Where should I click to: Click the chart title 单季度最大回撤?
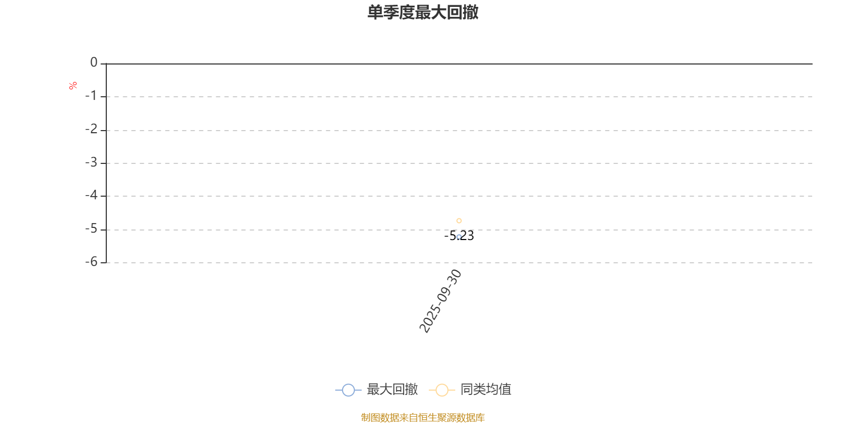(422, 12)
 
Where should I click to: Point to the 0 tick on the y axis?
(94, 62)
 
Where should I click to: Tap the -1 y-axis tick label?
(91, 96)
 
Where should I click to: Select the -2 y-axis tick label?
(91, 129)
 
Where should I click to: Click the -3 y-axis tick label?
(91, 162)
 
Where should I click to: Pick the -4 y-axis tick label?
(91, 195)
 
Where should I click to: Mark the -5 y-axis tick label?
(91, 228)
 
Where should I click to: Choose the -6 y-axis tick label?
(91, 262)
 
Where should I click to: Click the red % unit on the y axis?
(73, 86)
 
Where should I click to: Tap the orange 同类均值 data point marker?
(459, 220)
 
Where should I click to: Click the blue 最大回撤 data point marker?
(459, 237)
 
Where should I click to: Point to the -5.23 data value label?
(459, 236)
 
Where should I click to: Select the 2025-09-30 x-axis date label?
(440, 301)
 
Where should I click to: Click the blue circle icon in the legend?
(348, 390)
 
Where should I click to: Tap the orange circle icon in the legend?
(442, 390)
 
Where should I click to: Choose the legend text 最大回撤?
(392, 389)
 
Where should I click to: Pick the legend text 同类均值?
(486, 389)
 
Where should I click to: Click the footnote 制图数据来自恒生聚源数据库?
(422, 417)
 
